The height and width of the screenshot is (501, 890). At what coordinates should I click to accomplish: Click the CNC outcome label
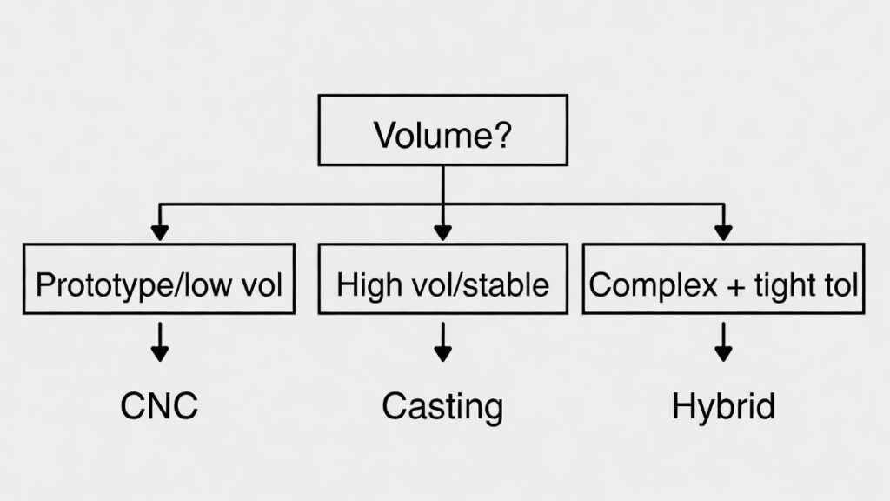tap(159, 405)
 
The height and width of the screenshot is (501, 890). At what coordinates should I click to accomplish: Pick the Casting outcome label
tap(442, 406)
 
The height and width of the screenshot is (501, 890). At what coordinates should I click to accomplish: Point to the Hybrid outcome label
tap(724, 406)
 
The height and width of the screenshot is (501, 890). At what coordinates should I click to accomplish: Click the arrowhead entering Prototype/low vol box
tap(159, 233)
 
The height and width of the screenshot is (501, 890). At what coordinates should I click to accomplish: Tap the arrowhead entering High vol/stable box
tap(442, 233)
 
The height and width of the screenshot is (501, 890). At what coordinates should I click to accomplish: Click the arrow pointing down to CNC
tap(159, 343)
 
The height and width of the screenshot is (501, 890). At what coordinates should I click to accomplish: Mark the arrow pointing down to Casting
tap(442, 343)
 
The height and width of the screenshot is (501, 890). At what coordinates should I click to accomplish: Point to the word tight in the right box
tap(779, 286)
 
